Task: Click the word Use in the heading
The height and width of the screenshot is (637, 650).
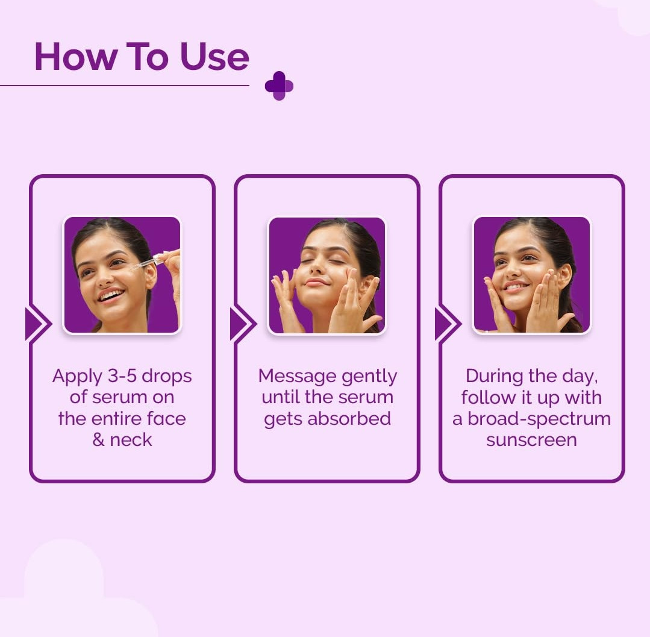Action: tap(214, 57)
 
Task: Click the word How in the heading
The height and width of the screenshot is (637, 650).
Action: tap(75, 57)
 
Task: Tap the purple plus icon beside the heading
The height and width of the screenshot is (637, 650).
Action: tap(279, 86)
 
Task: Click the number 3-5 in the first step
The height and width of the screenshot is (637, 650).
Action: tap(122, 375)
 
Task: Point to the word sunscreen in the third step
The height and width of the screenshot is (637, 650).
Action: tap(531, 440)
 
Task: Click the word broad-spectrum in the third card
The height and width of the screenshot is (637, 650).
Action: tap(539, 419)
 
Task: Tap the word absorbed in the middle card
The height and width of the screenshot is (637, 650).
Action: tap(349, 418)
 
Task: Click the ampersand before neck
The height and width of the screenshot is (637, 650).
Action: tap(99, 439)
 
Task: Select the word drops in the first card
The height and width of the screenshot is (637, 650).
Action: tap(167, 377)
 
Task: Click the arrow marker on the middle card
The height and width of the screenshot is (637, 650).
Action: tap(243, 324)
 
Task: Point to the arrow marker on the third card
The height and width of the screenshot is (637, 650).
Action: tap(448, 324)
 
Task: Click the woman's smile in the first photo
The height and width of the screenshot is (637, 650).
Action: tap(111, 295)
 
